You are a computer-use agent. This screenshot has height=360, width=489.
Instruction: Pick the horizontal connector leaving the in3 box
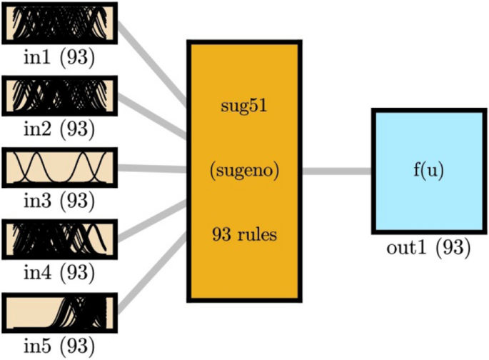coord(151,169)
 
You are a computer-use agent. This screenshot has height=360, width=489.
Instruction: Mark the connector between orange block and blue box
coord(336,171)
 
